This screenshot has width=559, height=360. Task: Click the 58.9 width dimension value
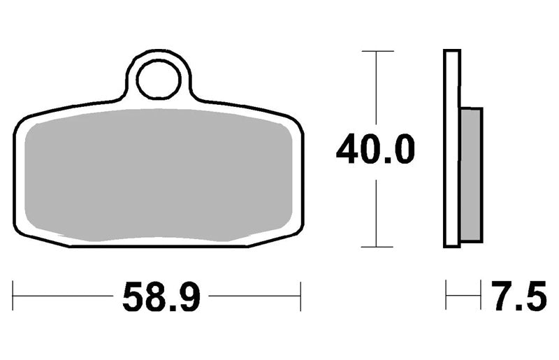coord(161,296)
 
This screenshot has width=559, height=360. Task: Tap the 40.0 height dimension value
coord(375,148)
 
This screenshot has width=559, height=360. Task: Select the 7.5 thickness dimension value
coord(518,296)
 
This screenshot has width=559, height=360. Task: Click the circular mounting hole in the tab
coord(159,80)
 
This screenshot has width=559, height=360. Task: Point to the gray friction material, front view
coord(159,175)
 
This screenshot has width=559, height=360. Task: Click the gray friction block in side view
coord(472,175)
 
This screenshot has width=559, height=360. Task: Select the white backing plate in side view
coord(452,148)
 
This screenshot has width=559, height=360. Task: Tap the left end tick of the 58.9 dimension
coord(13,296)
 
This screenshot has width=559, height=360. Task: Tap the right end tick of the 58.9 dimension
coord(300,296)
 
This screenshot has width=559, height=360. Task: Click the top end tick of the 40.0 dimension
coord(377,51)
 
